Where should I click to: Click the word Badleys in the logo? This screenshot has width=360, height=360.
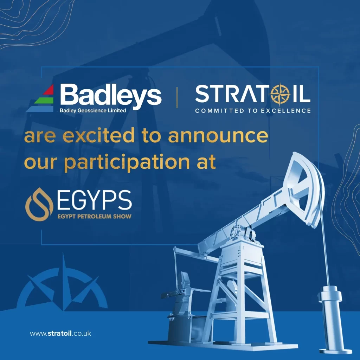click(111, 95)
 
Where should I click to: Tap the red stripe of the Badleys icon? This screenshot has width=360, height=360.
click(49, 90)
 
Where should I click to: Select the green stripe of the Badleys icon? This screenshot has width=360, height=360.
click(44, 100)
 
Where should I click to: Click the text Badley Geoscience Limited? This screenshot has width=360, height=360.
click(93, 111)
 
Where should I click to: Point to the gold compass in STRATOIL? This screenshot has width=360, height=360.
click(281, 94)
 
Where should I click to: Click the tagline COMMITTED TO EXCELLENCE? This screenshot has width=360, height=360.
click(253, 111)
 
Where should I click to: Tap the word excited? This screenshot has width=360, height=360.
click(99, 135)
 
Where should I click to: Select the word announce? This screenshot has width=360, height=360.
click(218, 136)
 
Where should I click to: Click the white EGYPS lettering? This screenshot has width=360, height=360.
click(94, 200)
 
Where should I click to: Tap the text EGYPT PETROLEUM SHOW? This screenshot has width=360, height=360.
click(94, 216)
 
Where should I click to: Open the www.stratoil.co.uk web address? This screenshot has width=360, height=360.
click(60, 333)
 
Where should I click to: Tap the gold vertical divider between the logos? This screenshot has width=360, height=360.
click(177, 97)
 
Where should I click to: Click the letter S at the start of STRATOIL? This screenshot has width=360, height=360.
click(202, 94)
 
